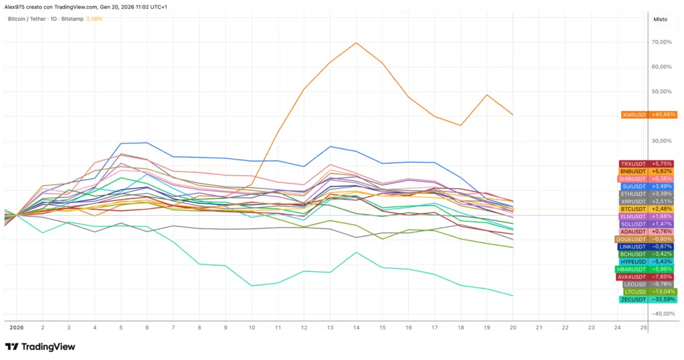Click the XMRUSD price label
coord(649,115)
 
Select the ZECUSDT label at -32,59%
coord(647,299)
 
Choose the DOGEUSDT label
coord(645,239)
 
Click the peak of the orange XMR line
coord(356,43)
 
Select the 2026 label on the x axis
coord(16,328)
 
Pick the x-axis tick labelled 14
coord(356,328)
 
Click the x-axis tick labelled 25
coord(643,328)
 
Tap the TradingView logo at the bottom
coord(40,347)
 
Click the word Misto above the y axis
coord(660,19)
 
